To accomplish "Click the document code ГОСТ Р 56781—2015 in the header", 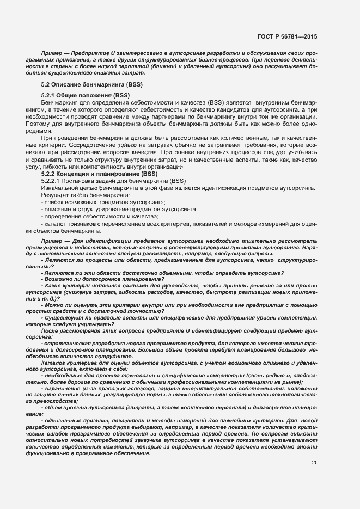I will click(287, 36).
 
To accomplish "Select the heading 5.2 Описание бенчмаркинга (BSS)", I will click(84, 86).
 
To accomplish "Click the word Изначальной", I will click(58, 203).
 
